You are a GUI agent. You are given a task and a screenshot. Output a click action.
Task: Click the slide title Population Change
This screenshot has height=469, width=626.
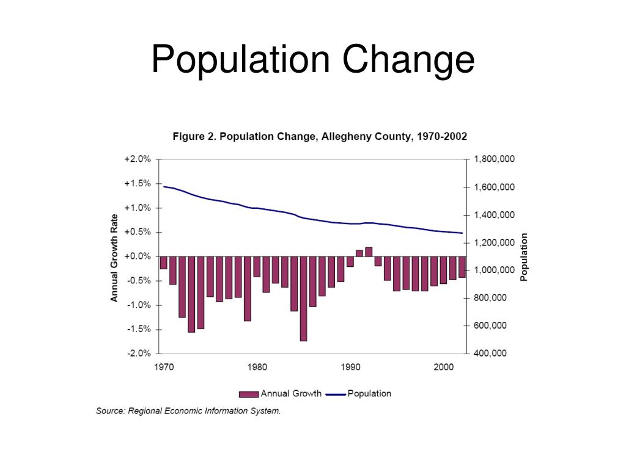[312, 60]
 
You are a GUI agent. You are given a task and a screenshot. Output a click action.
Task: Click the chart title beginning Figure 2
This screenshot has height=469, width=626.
[320, 136]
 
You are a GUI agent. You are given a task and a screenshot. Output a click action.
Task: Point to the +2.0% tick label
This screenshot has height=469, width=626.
[137, 159]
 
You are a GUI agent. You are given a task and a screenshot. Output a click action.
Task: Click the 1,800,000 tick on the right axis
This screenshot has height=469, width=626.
[494, 159]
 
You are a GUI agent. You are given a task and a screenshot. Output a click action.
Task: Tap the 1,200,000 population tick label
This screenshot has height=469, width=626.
[494, 242]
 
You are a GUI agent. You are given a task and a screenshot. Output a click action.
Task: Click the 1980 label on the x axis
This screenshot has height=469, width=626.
[257, 368]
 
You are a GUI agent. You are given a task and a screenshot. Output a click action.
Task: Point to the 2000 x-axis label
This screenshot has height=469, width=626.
[443, 368]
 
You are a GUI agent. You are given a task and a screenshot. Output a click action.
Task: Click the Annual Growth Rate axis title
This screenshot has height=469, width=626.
[114, 256]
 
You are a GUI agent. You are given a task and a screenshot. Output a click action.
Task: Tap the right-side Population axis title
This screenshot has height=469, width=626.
[523, 257]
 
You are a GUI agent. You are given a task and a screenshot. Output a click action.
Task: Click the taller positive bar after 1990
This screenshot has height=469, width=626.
[369, 252]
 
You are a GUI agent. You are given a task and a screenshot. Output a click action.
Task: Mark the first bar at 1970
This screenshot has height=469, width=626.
[163, 263]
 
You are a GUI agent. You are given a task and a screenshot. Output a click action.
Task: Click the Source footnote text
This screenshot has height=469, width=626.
[188, 411]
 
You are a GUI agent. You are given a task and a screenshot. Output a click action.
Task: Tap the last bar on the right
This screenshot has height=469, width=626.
[462, 267]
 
